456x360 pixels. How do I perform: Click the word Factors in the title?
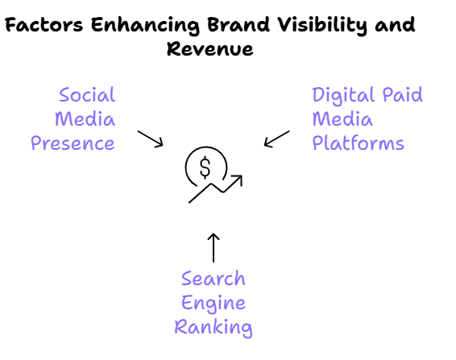[44, 24]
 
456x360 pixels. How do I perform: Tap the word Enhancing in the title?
[145, 26]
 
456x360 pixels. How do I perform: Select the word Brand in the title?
[238, 24]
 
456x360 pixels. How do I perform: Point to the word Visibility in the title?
[322, 26]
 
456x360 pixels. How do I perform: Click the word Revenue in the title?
[210, 48]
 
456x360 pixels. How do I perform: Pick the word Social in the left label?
[87, 94]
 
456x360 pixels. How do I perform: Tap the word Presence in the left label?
[73, 143]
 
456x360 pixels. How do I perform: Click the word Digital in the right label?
[344, 96]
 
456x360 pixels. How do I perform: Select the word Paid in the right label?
[403, 94]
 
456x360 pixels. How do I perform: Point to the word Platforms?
[359, 143]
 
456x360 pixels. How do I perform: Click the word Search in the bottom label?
[213, 279]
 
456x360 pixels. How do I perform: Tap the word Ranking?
[213, 329]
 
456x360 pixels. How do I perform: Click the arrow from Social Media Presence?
[151, 139]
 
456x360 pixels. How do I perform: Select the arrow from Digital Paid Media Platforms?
[276, 139]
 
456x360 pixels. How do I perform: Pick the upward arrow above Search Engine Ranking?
[213, 248]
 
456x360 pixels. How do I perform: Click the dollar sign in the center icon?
[205, 167]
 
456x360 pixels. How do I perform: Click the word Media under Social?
[85, 119]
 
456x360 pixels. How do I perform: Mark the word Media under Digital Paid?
[342, 119]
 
